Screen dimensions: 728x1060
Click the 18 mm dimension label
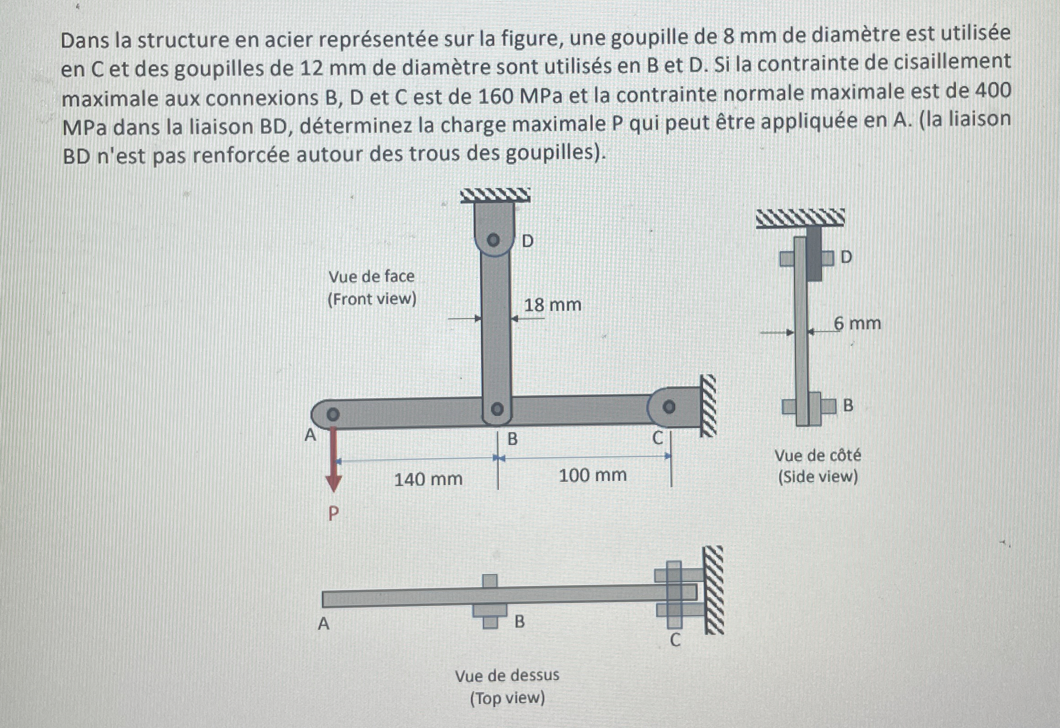click(552, 305)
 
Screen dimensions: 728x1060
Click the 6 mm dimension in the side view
click(857, 323)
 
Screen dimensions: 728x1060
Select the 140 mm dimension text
click(428, 479)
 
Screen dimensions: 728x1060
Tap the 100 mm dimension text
click(592, 475)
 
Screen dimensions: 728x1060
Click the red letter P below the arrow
click(333, 514)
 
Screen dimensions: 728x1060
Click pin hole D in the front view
click(493, 240)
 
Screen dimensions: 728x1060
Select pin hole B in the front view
click(497, 408)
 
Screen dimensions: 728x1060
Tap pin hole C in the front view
click(669, 406)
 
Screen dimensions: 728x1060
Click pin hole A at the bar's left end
click(333, 414)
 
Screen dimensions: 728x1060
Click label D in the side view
click(846, 257)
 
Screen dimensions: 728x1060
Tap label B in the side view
click(848, 405)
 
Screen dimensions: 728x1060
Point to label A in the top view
click(323, 624)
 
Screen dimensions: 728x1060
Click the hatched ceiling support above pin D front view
click(495, 195)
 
